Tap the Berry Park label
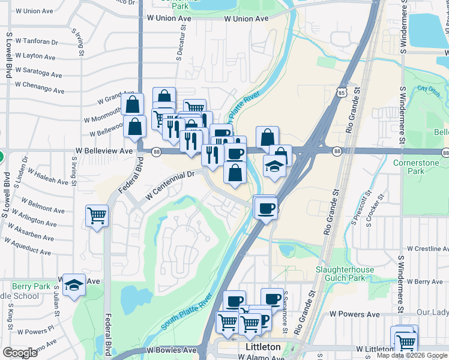click(x=31, y=286)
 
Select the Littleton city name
click(x=263, y=347)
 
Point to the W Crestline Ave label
click(x=427, y=248)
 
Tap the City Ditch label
click(x=429, y=91)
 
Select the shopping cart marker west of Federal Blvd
click(x=97, y=215)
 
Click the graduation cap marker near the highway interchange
click(x=274, y=166)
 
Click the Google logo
click(x=20, y=353)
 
